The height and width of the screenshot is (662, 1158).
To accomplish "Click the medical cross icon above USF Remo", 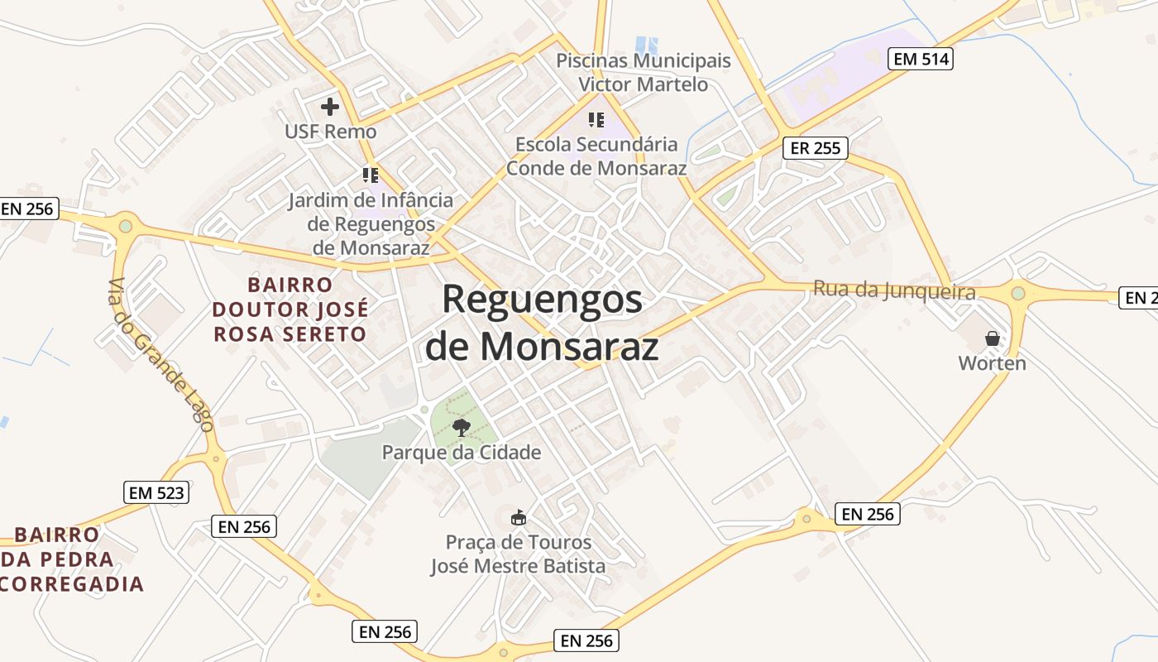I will [x=330, y=107].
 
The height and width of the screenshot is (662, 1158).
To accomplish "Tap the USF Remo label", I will [x=330, y=132].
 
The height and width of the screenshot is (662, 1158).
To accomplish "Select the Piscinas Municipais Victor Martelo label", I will [x=644, y=73].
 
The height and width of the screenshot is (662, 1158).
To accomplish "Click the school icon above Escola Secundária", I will [x=596, y=120].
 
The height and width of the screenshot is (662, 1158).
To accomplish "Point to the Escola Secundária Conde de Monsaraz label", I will [x=596, y=156].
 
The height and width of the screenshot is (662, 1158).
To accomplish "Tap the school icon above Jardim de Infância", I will [x=371, y=175].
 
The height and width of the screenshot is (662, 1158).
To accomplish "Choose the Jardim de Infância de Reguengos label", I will [x=371, y=223].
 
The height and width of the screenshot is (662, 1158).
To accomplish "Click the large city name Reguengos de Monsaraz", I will [x=542, y=323].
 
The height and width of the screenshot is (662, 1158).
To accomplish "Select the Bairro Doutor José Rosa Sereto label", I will [x=290, y=309].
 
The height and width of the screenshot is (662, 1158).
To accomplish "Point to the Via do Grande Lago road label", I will [x=161, y=354].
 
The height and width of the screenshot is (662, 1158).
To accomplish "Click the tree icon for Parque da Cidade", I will [x=462, y=428].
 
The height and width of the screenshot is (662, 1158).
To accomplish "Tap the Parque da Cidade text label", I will [x=462, y=453].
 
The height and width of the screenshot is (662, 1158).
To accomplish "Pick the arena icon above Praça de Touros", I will [x=519, y=518].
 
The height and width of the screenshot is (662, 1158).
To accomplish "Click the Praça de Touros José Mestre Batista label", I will [x=519, y=554].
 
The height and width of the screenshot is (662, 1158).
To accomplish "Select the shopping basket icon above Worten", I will [x=993, y=338].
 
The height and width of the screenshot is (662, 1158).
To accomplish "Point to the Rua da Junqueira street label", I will [x=894, y=290].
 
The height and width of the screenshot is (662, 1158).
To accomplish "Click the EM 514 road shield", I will [x=921, y=59].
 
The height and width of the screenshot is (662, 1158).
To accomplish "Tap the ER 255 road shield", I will [x=815, y=148].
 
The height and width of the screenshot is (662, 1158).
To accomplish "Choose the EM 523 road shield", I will [x=157, y=492].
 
